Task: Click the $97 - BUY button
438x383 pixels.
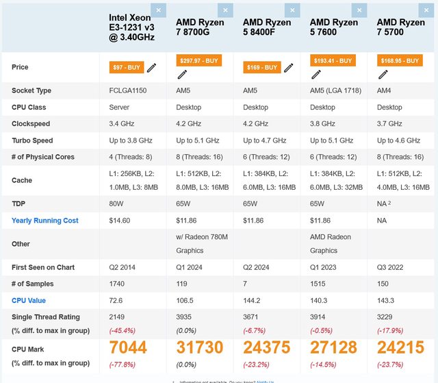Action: (x=127, y=67)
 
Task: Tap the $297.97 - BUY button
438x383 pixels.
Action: (x=199, y=60)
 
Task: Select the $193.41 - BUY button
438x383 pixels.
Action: (x=333, y=60)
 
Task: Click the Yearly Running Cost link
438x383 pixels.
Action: (x=45, y=221)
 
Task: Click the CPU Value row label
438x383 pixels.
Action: (x=29, y=300)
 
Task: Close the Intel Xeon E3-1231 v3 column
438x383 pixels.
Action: (x=158, y=10)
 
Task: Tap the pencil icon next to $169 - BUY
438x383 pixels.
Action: (x=289, y=67)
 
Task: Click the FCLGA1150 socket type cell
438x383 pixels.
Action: (x=129, y=90)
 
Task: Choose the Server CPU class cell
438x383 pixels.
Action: (x=119, y=107)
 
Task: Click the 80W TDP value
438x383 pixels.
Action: (x=116, y=204)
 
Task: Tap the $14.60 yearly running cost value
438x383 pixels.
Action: (x=120, y=221)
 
